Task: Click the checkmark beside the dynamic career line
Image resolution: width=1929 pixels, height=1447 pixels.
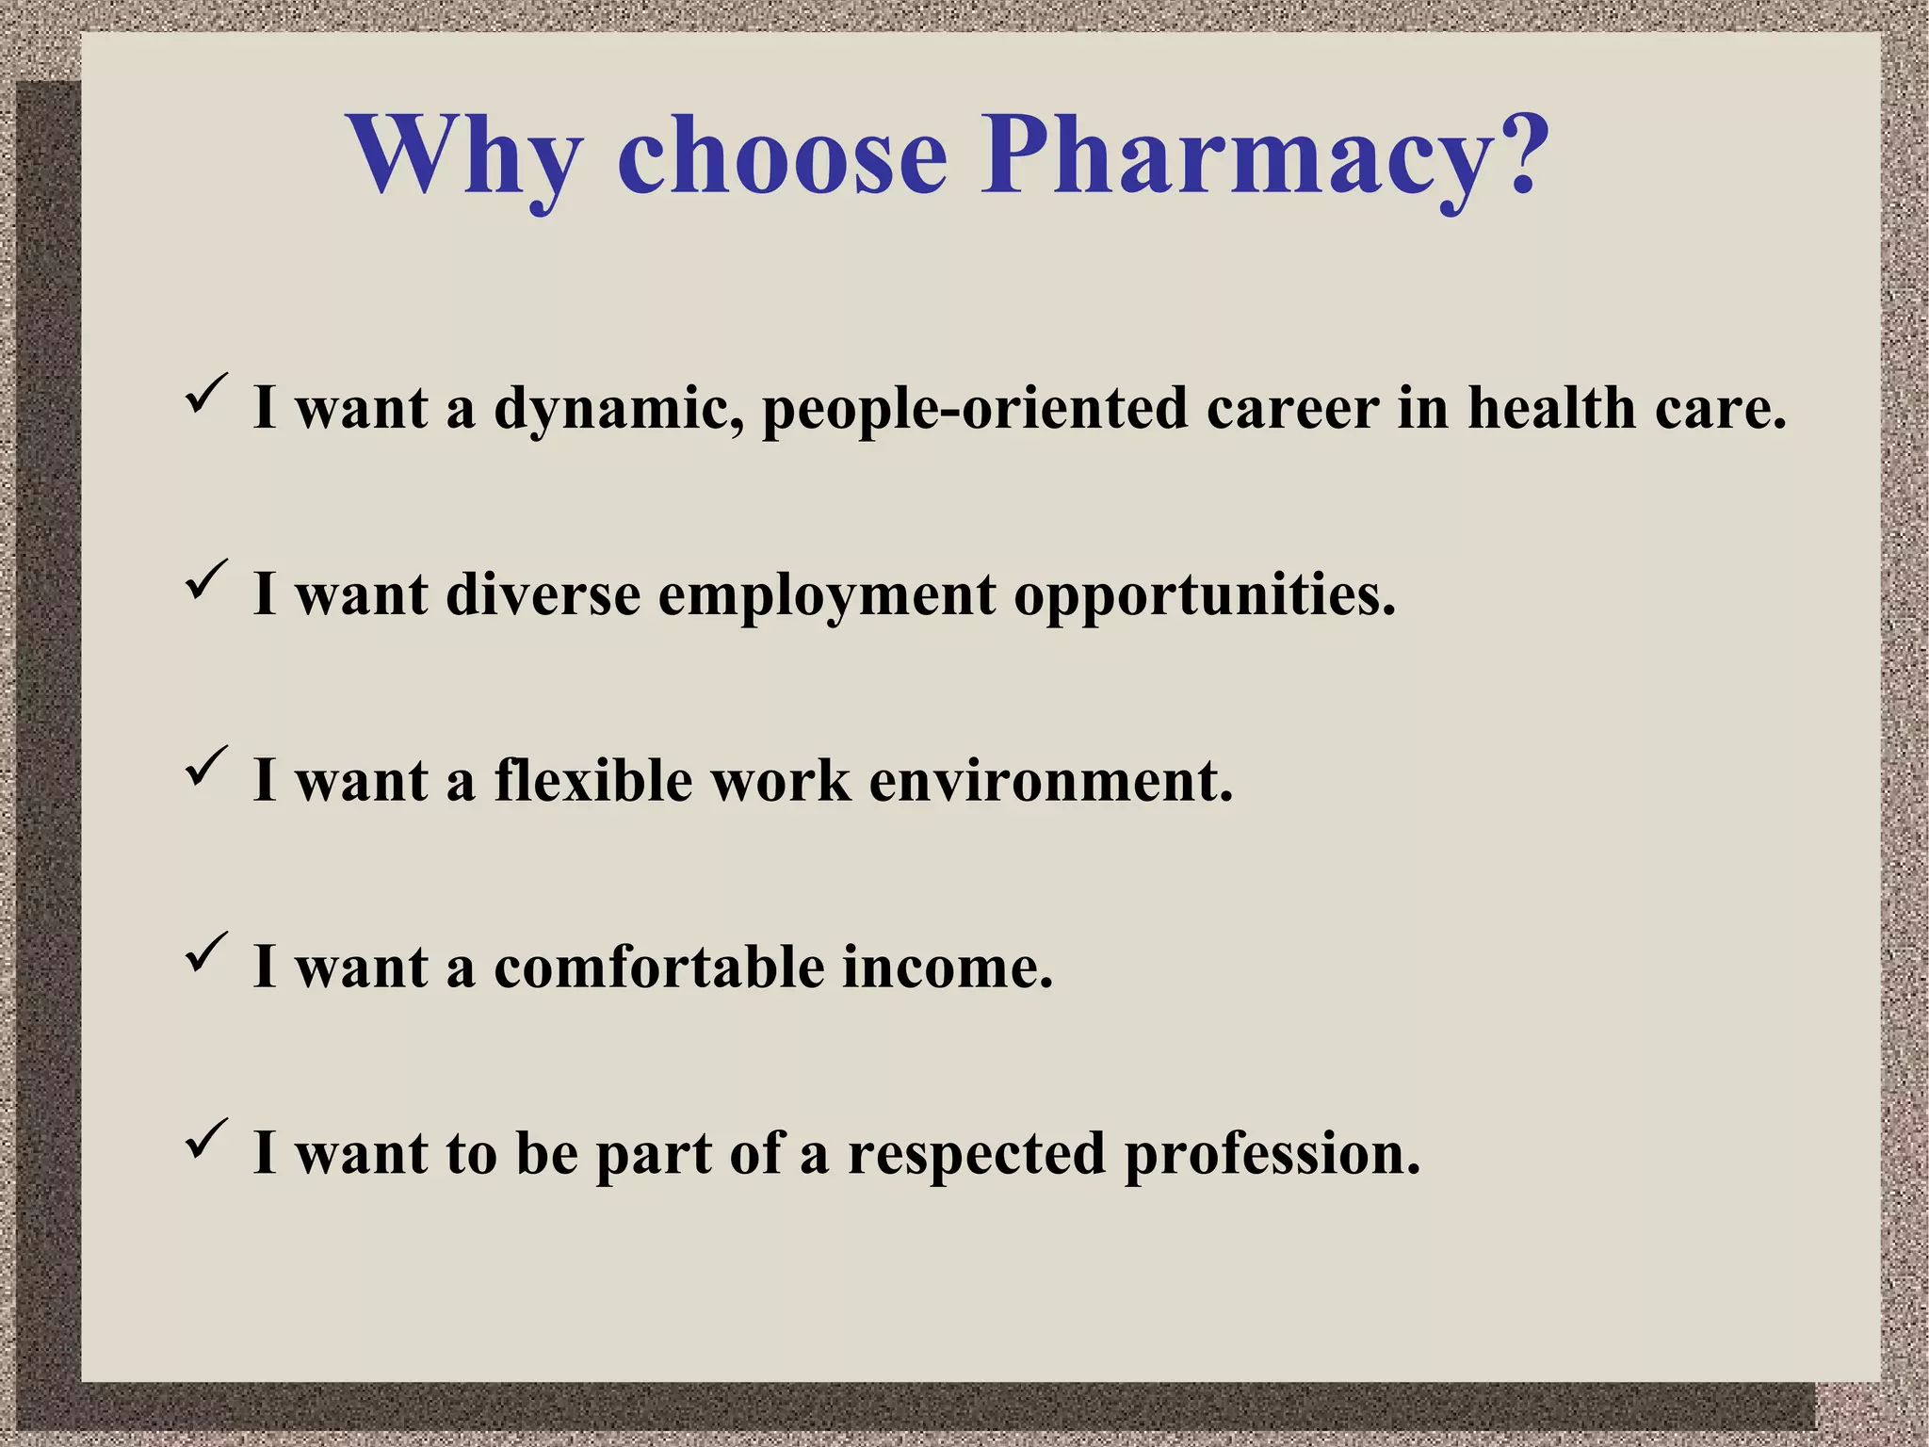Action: tap(205, 393)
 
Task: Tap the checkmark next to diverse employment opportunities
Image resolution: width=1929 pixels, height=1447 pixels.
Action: tap(205, 579)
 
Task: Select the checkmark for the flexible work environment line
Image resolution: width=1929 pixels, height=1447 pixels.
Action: tap(205, 765)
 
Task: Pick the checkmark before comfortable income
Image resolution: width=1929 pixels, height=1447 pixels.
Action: tap(205, 951)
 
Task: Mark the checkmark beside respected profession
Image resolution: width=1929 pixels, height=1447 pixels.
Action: tap(205, 1138)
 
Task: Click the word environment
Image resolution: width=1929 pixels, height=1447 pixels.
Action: tap(1049, 783)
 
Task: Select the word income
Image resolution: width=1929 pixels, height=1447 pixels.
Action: tap(946, 967)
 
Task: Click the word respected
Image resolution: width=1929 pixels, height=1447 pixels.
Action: tap(976, 1155)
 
